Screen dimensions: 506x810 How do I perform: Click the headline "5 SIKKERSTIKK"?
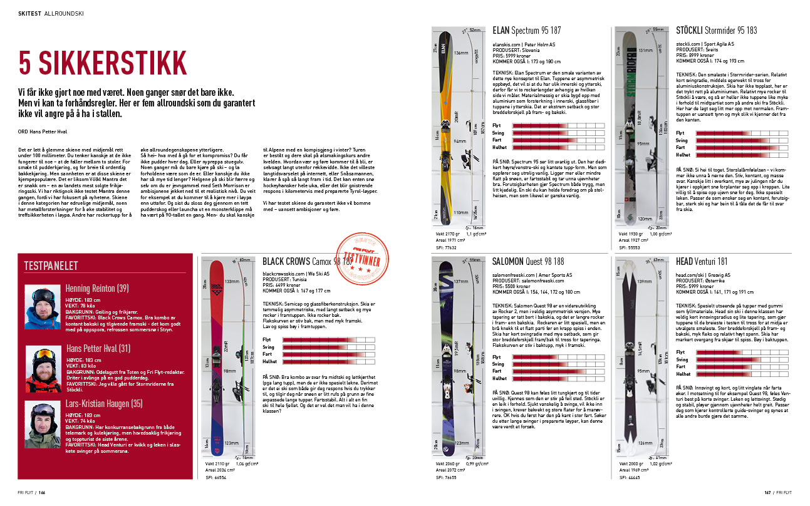[103, 63]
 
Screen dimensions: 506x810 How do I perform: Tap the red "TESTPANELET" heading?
[51, 266]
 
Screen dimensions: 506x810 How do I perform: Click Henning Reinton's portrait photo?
[43, 306]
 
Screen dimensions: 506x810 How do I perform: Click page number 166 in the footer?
[41, 492]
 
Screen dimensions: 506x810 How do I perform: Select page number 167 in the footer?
[768, 492]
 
